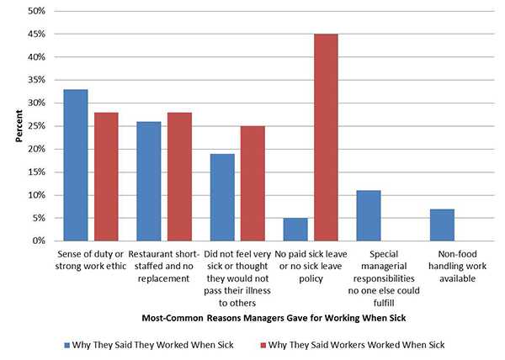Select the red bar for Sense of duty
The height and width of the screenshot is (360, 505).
coord(106,177)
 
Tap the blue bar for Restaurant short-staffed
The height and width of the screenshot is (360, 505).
coord(149,181)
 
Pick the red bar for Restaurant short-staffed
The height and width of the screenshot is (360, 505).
coord(180,177)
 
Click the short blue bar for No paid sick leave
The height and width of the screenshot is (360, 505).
coord(295,230)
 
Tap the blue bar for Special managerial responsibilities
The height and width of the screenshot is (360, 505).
coord(369,215)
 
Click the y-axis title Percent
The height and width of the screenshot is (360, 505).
coord(18,126)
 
